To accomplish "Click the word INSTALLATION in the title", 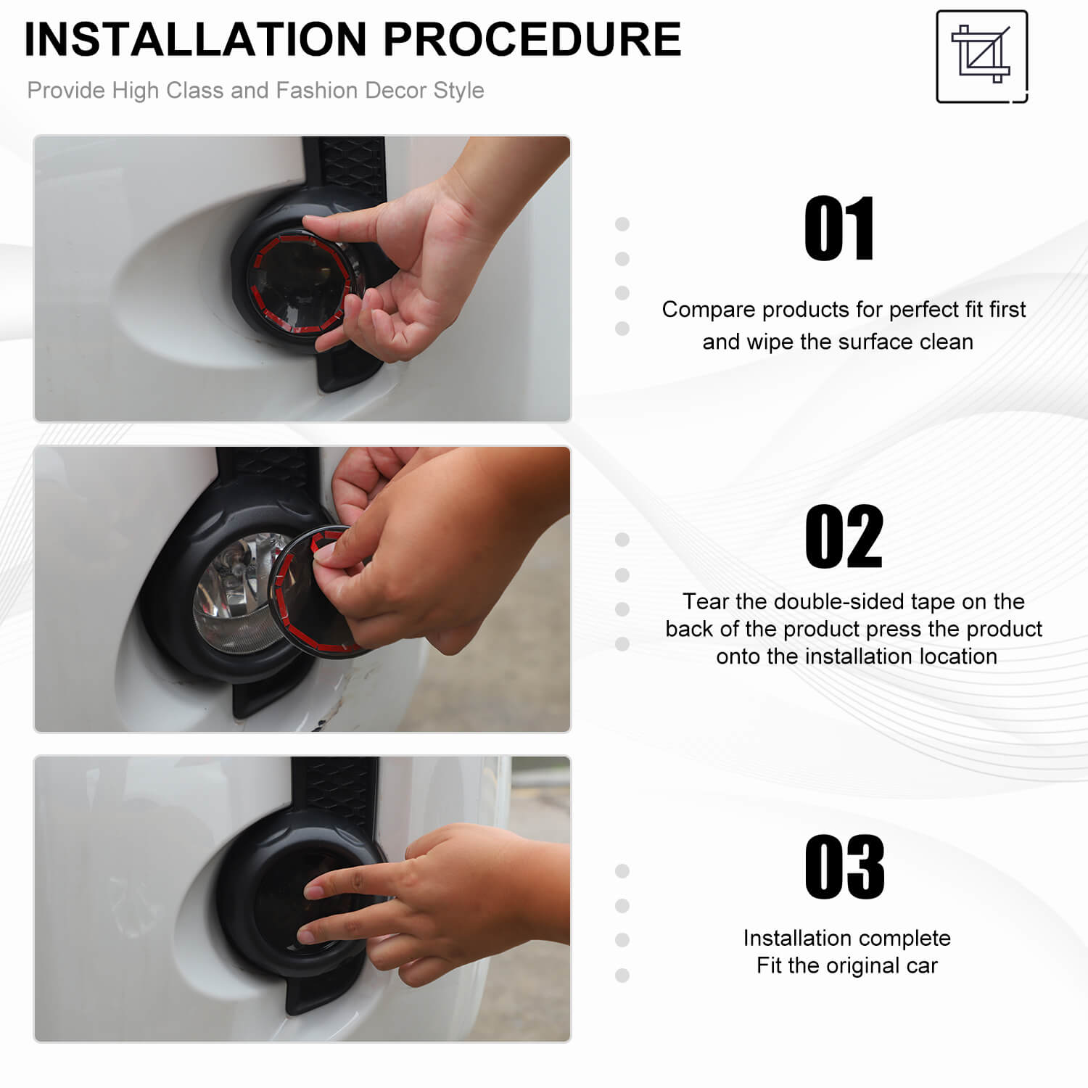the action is point(196,39).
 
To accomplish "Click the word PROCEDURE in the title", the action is point(532,39).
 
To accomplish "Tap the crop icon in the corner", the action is point(982,57).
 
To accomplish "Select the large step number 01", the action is point(840,228).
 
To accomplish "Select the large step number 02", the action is point(844,537).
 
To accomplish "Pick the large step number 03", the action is point(845,866).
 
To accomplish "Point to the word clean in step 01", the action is point(946,342).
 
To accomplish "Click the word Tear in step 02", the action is point(705,601).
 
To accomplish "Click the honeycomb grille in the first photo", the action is point(351,163).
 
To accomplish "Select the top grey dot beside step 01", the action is point(622,224).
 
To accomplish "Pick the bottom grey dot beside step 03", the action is point(622,976).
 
